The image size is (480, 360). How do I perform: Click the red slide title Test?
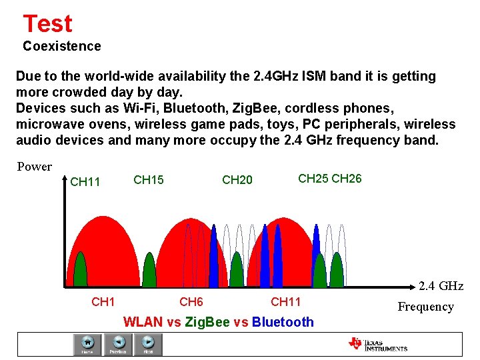(x=47, y=24)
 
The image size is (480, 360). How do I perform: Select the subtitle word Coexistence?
(x=62, y=46)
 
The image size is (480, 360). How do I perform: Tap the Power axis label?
(x=34, y=167)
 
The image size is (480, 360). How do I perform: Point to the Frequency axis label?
(x=425, y=307)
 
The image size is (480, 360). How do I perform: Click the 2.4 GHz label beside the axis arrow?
(x=441, y=286)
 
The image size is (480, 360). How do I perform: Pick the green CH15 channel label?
(x=149, y=180)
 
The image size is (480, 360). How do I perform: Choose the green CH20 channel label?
(x=237, y=180)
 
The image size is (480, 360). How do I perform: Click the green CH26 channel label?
(x=347, y=179)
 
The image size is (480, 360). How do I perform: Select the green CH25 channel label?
(x=313, y=179)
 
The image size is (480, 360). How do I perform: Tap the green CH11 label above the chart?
(x=85, y=182)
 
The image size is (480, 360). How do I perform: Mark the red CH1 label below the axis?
(x=103, y=302)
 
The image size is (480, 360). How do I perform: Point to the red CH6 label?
(x=191, y=302)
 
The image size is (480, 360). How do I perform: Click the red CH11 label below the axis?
(x=286, y=302)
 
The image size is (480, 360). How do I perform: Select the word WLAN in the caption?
(x=143, y=322)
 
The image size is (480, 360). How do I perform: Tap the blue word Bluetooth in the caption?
(x=283, y=322)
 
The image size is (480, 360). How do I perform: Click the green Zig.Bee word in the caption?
(x=208, y=322)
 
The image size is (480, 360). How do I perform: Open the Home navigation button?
(x=87, y=344)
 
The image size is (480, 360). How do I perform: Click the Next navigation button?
(x=148, y=344)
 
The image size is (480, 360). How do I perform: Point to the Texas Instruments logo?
(x=377, y=344)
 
